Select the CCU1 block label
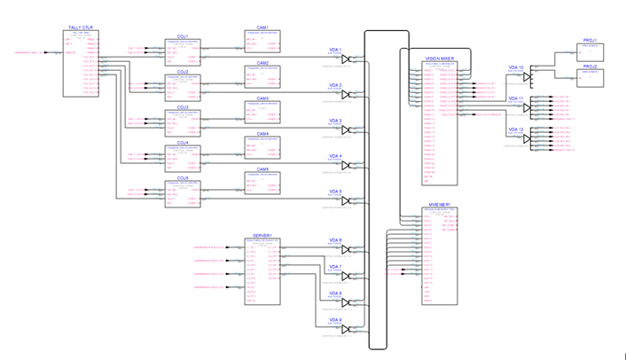183,36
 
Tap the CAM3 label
262,98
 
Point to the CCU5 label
183,178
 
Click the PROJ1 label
591,41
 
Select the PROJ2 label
591,67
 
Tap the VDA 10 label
516,67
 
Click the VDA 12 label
516,129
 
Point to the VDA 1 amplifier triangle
351,59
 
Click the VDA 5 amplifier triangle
351,200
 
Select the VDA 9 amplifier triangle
351,328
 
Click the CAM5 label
262,169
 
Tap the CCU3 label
183,107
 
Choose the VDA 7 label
335,267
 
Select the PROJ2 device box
591,78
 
